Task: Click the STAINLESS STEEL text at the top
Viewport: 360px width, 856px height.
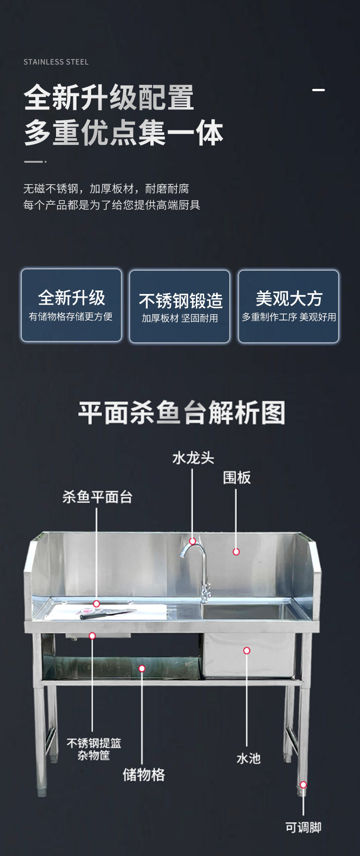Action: [x=56, y=62]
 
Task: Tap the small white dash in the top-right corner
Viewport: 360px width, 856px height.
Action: [x=319, y=90]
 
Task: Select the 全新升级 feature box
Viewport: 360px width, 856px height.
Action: [x=72, y=305]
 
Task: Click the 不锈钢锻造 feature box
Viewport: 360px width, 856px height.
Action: [x=180, y=306]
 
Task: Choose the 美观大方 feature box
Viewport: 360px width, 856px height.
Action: [x=288, y=306]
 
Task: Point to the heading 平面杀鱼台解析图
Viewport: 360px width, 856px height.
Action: [x=182, y=413]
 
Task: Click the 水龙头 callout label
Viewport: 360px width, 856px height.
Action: [x=193, y=458]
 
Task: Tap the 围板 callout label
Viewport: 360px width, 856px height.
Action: [x=237, y=478]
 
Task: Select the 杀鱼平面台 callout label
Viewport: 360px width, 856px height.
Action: [x=97, y=497]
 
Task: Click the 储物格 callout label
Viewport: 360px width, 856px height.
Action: [x=144, y=774]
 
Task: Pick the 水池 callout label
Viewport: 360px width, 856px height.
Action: [x=248, y=758]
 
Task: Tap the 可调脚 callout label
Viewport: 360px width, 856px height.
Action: [x=303, y=827]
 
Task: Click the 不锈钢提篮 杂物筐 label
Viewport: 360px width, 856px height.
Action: [x=94, y=749]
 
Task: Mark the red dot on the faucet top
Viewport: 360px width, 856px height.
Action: [x=193, y=541]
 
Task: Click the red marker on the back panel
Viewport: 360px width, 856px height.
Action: [x=236, y=552]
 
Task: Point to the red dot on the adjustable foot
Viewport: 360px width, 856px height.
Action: [x=303, y=784]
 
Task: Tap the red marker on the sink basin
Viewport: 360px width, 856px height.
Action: [x=247, y=650]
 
